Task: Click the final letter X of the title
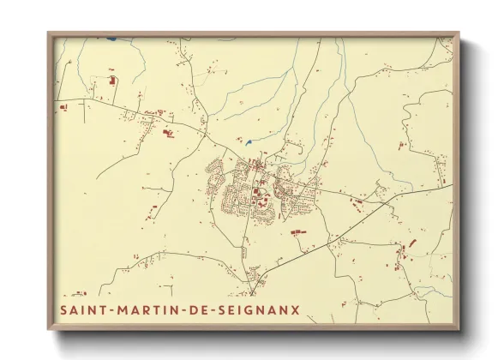(x=296, y=309)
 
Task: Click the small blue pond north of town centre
(x=249, y=142)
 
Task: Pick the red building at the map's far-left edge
(x=63, y=107)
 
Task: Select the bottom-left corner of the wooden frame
(x=48, y=329)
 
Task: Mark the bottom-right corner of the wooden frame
(x=459, y=329)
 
